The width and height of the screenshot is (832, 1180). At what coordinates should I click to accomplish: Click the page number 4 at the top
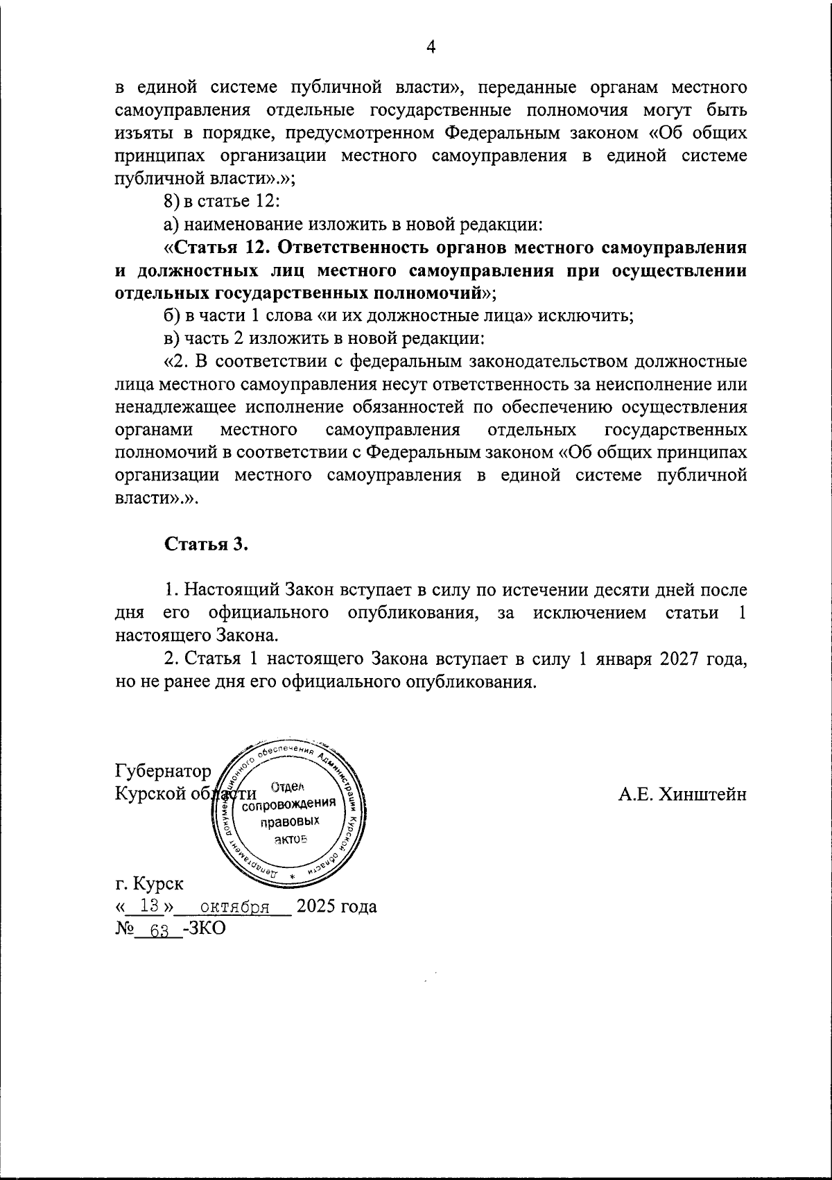coord(431,47)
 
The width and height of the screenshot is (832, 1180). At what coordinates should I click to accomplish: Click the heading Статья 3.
coord(206,544)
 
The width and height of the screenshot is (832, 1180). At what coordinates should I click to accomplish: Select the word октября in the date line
coord(235,907)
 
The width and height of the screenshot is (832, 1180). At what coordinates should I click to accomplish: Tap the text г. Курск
coord(150,884)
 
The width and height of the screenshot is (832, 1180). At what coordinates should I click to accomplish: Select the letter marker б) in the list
coord(172,316)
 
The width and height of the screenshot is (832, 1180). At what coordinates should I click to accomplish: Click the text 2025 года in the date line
coord(336,906)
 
